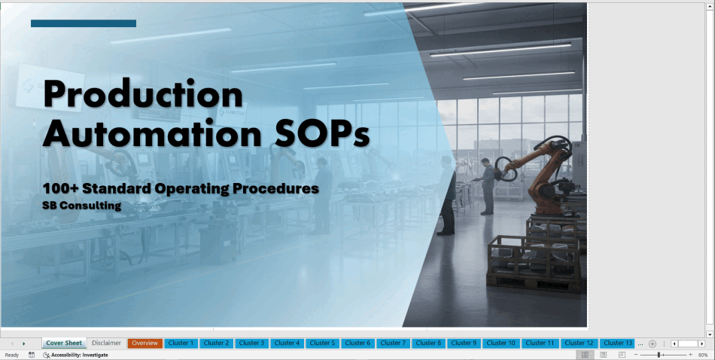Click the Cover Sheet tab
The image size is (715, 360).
click(x=64, y=343)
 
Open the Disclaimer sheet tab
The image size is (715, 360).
click(x=106, y=343)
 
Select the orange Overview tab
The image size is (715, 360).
click(x=145, y=343)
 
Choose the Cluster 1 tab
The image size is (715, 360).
click(x=181, y=343)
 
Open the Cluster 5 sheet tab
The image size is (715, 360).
click(x=322, y=343)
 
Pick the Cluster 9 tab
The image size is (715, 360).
click(x=464, y=343)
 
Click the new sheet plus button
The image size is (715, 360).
click(x=652, y=343)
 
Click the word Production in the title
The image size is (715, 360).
click(x=143, y=94)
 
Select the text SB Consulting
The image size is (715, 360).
click(x=81, y=206)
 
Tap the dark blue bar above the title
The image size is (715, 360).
click(x=84, y=23)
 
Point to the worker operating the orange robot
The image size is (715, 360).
click(x=486, y=186)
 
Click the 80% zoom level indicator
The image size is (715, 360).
click(x=703, y=355)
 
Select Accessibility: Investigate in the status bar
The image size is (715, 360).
click(x=76, y=355)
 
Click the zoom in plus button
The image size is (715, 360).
click(x=690, y=355)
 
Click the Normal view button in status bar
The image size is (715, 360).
click(x=585, y=355)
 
